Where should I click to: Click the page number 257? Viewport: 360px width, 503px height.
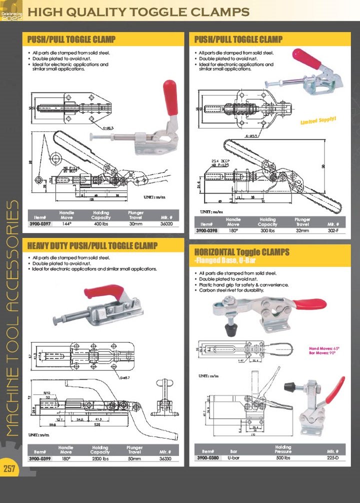pyautogui.click(x=10, y=468)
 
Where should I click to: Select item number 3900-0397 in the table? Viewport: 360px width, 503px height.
pyautogui.click(x=39, y=224)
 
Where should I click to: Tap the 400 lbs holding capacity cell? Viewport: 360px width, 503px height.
pyautogui.click(x=100, y=224)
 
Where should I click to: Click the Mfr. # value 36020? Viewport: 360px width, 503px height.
pyautogui.click(x=165, y=224)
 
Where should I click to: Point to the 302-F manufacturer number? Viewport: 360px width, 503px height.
pyautogui.click(x=333, y=231)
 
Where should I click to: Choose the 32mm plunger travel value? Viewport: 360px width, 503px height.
pyautogui.click(x=302, y=231)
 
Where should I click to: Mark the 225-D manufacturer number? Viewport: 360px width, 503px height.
pyautogui.click(x=333, y=457)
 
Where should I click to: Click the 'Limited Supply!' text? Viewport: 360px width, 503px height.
pyautogui.click(x=318, y=120)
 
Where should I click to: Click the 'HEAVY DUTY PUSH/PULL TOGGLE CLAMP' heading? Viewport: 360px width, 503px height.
pyautogui.click(x=92, y=246)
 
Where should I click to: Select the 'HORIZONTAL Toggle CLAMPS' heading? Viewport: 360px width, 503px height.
pyautogui.click(x=241, y=252)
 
